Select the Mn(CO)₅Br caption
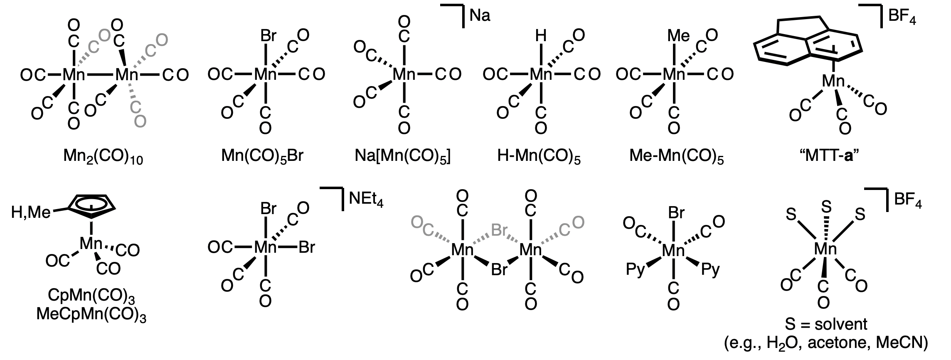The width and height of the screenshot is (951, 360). pos(262,156)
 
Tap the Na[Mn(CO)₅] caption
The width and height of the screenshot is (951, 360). pos(403,156)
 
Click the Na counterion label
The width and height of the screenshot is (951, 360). pos(480,17)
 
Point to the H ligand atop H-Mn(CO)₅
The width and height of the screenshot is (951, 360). pos(540,37)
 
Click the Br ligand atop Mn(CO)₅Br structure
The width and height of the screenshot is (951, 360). pos(268,37)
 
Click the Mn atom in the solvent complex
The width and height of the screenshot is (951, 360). pos(825,249)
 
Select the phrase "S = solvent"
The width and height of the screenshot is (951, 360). pos(825,324)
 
